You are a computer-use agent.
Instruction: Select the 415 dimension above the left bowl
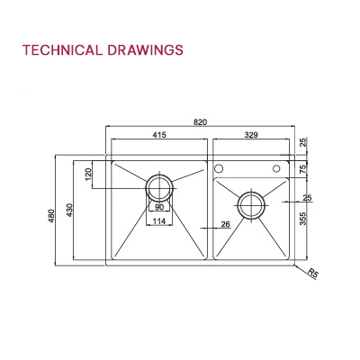pyautogui.click(x=158, y=135)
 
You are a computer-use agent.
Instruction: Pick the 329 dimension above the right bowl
pyautogui.click(x=252, y=135)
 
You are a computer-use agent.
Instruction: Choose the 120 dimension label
pyautogui.click(x=88, y=174)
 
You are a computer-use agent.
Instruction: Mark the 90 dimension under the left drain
pyautogui.click(x=159, y=208)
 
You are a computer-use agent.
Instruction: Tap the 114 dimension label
pyautogui.click(x=159, y=221)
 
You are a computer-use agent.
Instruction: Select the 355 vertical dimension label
pyautogui.click(x=303, y=220)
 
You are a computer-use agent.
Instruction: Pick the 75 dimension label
pyautogui.click(x=303, y=168)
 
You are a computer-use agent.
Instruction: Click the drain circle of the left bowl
pyautogui.click(x=159, y=187)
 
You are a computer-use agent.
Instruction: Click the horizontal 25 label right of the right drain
pyautogui.click(x=307, y=197)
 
